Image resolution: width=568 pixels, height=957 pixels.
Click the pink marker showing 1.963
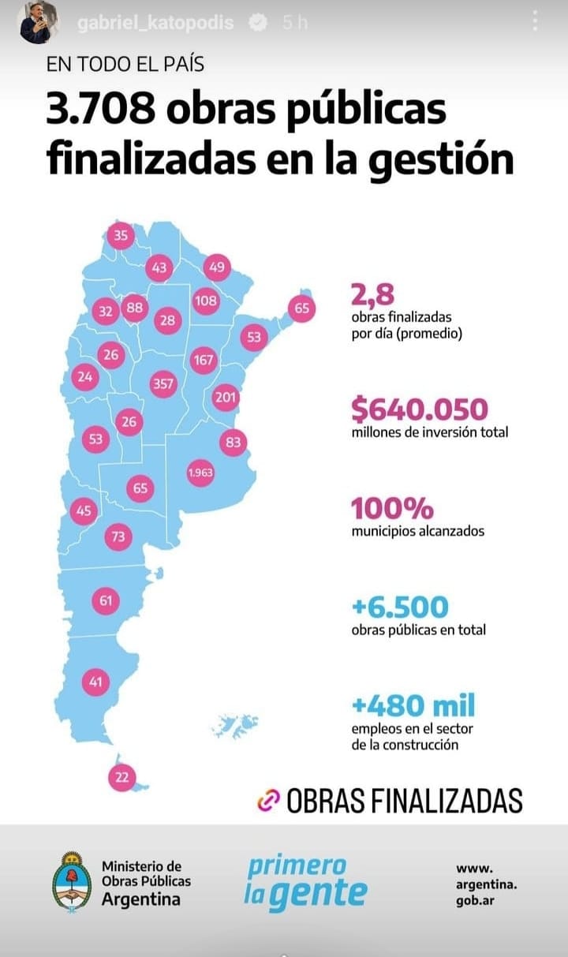tap(200, 473)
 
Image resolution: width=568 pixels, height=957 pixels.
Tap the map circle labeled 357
tap(163, 384)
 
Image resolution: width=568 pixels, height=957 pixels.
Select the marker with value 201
tap(226, 398)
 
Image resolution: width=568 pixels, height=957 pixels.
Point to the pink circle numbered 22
tap(121, 777)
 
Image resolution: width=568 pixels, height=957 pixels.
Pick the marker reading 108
tap(205, 301)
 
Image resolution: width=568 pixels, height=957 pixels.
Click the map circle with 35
tap(121, 235)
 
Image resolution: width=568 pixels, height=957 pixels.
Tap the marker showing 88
tap(134, 308)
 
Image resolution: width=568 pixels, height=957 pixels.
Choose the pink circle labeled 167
tap(204, 361)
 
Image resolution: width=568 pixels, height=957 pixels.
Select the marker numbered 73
tap(118, 537)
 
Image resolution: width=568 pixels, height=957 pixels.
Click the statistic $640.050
tap(420, 409)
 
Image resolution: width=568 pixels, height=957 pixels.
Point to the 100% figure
tap(392, 507)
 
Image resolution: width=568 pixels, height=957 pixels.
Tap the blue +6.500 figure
tap(400, 607)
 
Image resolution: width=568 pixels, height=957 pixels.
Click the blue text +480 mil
tap(413, 705)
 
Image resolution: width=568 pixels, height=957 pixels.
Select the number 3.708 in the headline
tap(99, 111)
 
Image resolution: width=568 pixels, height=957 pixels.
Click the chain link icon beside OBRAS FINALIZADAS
tap(269, 800)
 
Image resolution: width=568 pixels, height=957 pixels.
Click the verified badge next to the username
tap(257, 23)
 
